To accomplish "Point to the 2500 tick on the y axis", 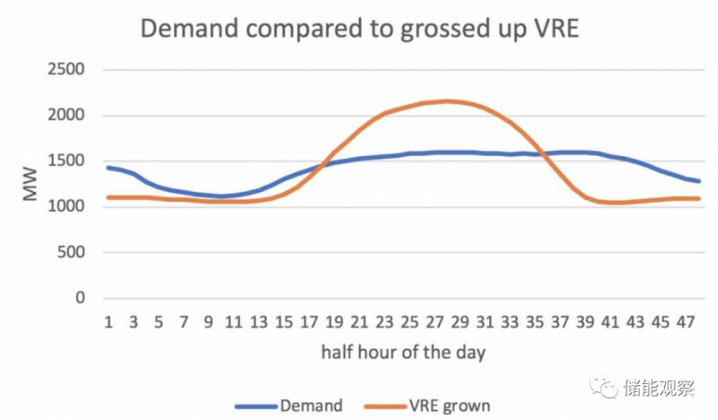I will coord(66,70).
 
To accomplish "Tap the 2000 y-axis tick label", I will coord(66,116).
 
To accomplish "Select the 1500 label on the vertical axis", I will coord(66,162).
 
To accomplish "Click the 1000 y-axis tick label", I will coord(66,207).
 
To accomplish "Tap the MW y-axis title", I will coord(31,183).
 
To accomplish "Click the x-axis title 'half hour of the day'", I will coord(403,351).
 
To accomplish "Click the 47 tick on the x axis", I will coord(684,322).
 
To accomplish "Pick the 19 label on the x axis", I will coord(335,322).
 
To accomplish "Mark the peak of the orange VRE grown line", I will coord(448,101).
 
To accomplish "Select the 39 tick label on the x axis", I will coord(584,322).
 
